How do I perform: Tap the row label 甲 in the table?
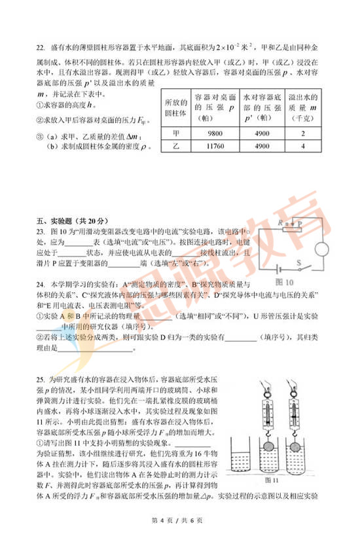tap(175, 132)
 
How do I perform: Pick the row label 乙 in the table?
tap(175, 147)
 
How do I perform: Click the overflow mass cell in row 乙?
tap(303, 147)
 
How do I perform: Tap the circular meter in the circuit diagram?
tap(320, 249)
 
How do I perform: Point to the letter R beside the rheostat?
tap(279, 223)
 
